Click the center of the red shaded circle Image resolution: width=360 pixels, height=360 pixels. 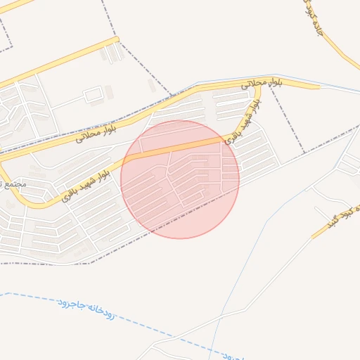180,179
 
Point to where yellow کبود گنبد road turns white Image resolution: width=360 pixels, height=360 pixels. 311,237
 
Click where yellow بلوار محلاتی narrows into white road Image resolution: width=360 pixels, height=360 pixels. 320,87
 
